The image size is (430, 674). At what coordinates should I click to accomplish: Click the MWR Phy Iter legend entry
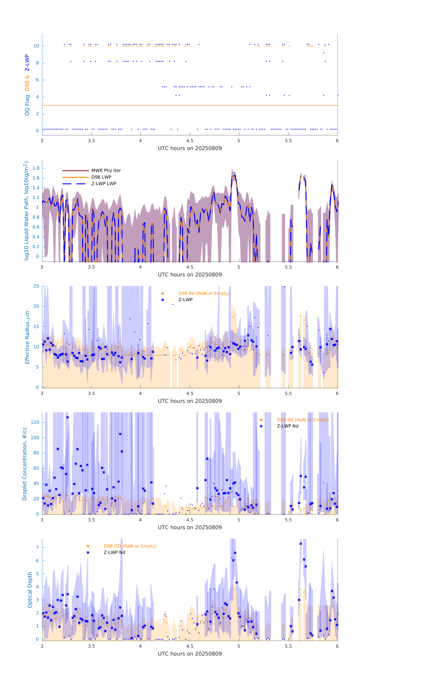tap(106, 170)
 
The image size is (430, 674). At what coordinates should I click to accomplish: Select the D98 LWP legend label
tap(101, 177)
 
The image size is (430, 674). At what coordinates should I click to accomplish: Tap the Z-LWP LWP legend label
tap(104, 184)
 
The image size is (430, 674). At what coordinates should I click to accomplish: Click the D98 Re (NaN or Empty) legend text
tap(204, 293)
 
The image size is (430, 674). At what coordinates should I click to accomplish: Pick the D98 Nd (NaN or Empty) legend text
tap(303, 420)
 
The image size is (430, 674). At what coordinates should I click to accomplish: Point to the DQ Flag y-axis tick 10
tap(36, 46)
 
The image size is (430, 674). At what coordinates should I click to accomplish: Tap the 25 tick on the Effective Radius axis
tap(36, 286)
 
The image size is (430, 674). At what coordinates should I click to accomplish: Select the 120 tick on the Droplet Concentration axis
tap(35, 422)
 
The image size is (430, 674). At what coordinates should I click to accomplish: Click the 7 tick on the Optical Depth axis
tap(37, 548)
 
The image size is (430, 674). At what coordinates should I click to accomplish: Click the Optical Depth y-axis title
tap(30, 590)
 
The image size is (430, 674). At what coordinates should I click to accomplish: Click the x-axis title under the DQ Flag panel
tap(190, 148)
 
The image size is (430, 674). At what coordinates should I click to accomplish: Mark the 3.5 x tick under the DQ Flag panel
tap(91, 141)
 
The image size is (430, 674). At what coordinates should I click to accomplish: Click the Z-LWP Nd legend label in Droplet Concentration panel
tap(287, 426)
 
